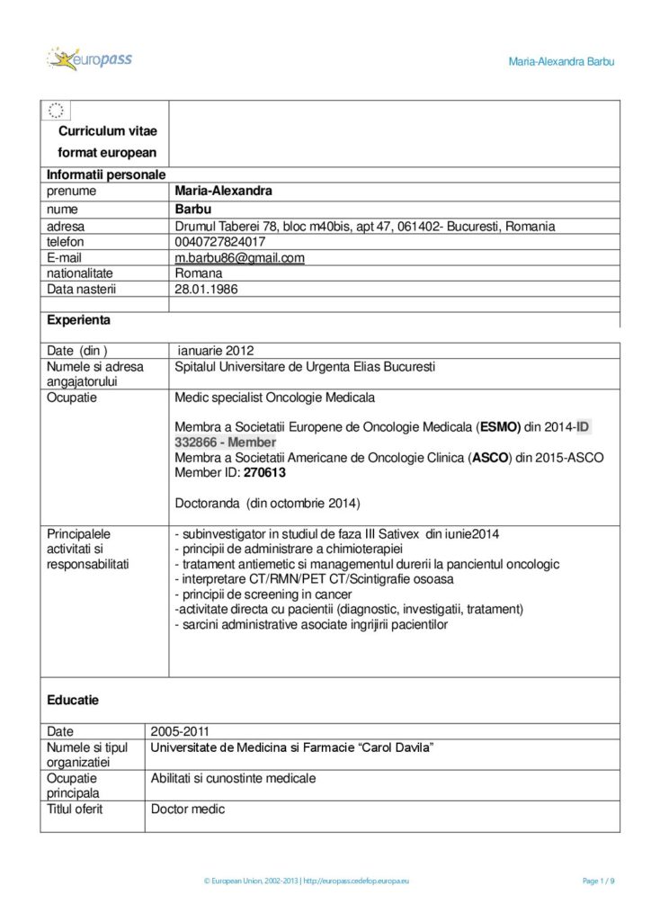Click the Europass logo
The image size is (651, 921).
tap(89, 60)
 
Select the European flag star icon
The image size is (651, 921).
tap(56, 111)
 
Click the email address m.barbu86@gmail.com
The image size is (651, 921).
tap(239, 258)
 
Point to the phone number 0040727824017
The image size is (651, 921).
tap(220, 242)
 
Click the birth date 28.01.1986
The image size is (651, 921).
tap(206, 290)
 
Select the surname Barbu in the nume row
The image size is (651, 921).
tap(192, 210)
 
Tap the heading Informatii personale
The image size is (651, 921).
tap(105, 174)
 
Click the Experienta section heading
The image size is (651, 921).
tap(79, 319)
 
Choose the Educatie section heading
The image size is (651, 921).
tap(73, 699)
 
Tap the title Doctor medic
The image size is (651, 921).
tap(188, 809)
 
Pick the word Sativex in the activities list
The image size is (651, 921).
tap(399, 533)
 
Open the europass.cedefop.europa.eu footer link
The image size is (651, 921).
tap(356, 881)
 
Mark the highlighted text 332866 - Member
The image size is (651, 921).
tap(226, 443)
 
